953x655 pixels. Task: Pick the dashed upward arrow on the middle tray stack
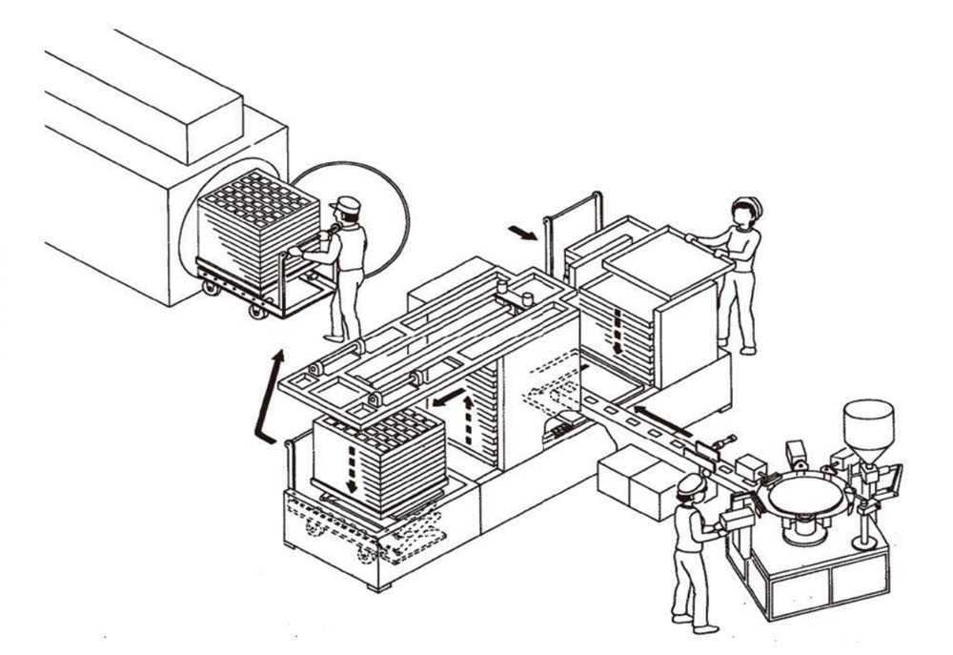tap(468, 418)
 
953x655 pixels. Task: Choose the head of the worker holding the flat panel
tap(746, 212)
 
